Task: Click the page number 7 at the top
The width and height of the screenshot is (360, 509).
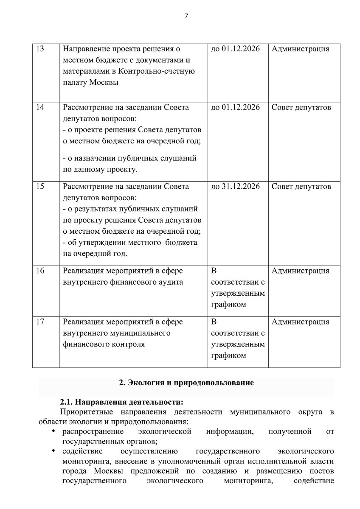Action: tap(186, 16)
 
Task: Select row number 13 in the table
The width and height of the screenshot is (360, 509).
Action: tap(41, 49)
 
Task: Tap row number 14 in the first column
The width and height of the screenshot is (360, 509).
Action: tap(41, 107)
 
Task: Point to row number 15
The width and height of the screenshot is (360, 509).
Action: tap(41, 187)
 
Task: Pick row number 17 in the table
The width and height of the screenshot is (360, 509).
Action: tap(41, 322)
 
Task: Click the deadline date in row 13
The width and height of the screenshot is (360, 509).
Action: tap(235, 49)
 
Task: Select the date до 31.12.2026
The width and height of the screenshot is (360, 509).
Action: tap(235, 187)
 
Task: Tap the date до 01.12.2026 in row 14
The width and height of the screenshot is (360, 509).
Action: tap(235, 107)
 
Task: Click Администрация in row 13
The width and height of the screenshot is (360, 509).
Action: tap(300, 49)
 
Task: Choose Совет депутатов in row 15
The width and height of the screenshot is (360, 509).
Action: tap(301, 187)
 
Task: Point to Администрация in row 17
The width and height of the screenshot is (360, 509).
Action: tap(300, 322)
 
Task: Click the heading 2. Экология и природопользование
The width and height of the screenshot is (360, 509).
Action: tap(186, 383)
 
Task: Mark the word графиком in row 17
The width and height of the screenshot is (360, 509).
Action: tap(228, 355)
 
